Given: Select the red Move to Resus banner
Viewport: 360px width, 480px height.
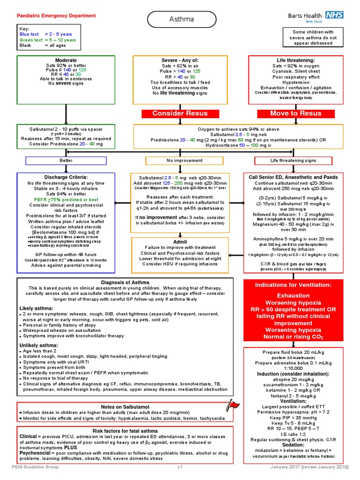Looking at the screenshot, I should tap(296, 113).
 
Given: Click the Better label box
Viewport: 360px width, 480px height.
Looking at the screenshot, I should tap(66, 161).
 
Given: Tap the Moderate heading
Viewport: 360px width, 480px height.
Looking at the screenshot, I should tap(66, 60).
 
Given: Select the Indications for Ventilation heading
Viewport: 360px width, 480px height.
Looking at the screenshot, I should tap(300, 285).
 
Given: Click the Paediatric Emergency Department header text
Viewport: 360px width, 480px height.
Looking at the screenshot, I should tap(56, 16).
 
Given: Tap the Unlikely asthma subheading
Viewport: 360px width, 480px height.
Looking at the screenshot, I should tap(38, 345).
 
